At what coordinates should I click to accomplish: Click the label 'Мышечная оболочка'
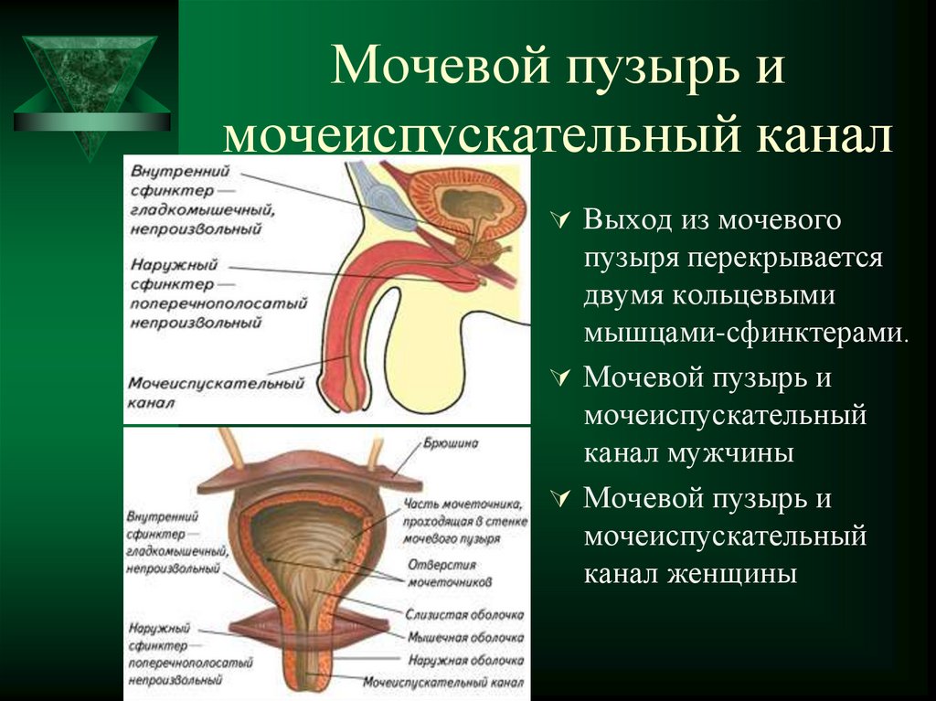click(466, 638)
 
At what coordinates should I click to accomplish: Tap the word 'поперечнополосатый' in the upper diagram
click(218, 303)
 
